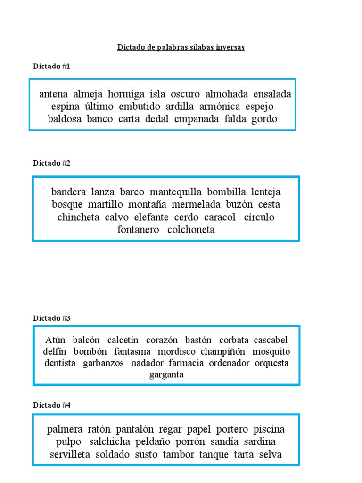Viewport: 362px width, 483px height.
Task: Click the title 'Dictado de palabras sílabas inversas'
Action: (181, 48)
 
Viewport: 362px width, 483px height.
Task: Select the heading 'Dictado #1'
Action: (51, 67)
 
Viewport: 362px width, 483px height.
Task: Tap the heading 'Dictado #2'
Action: (51, 163)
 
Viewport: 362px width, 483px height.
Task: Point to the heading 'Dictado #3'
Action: (51, 318)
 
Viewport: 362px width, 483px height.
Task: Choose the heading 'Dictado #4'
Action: (51, 405)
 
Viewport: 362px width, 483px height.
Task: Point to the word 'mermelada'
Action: (198, 205)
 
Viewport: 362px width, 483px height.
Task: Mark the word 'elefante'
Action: (151, 217)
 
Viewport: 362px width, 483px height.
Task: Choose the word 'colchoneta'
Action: (191, 230)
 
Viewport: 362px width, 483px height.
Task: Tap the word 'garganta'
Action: (166, 375)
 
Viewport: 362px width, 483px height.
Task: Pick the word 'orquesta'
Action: (271, 363)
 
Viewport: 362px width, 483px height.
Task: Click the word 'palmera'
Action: (65, 430)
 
